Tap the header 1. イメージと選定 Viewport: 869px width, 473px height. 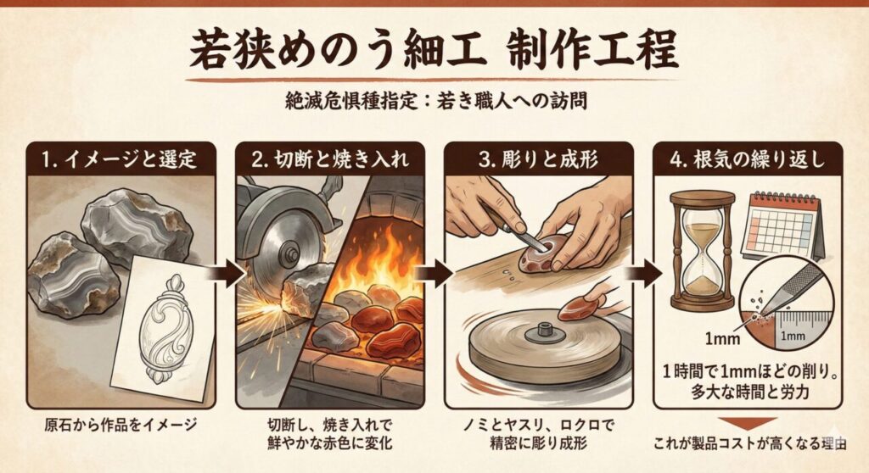coord(119,158)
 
